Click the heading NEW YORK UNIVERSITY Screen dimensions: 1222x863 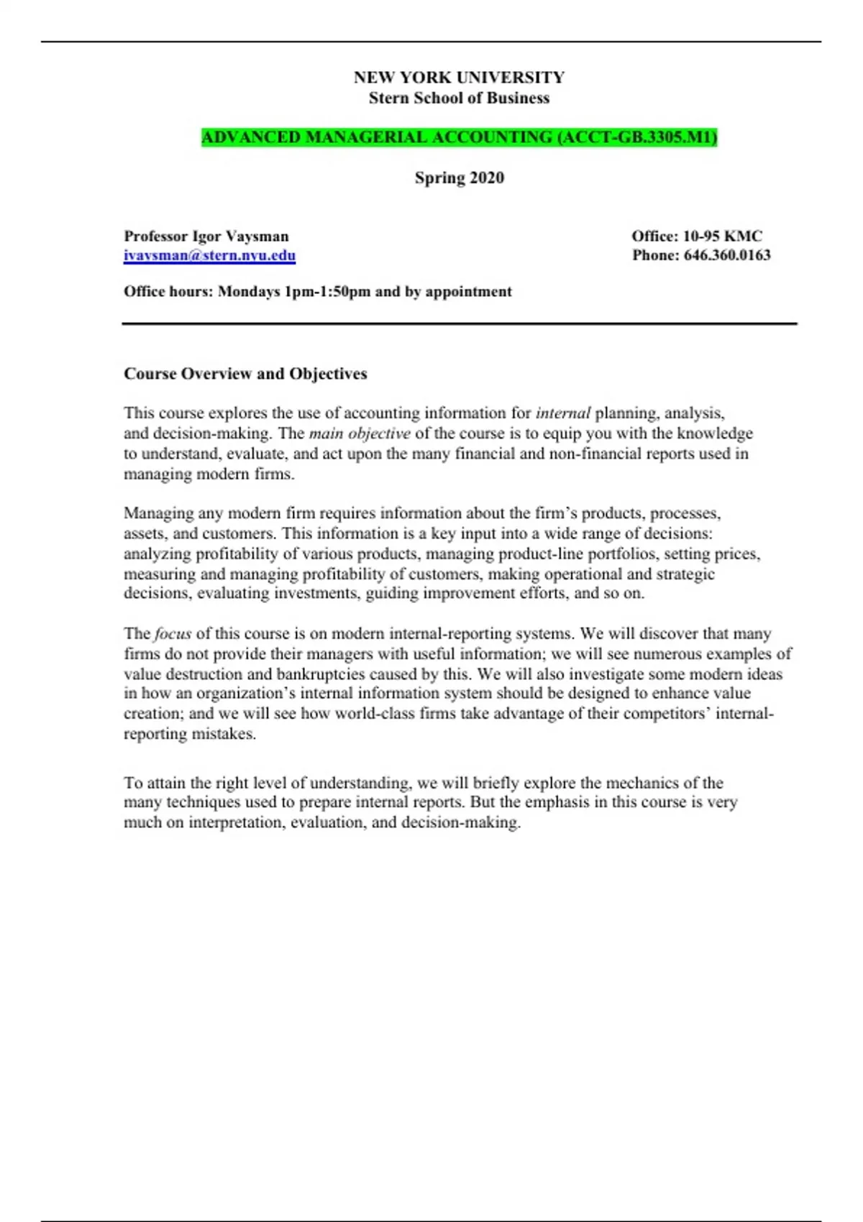459,78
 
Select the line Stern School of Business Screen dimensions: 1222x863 459,98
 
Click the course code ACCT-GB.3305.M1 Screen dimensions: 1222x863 637,137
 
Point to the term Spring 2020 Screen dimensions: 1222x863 459,178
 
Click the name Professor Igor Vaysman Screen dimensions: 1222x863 206,236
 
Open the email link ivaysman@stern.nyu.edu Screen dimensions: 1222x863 209,256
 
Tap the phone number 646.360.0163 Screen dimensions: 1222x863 727,255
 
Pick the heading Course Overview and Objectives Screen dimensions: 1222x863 245,374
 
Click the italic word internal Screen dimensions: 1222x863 563,413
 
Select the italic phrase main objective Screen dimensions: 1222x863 360,433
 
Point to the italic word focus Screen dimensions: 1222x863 173,634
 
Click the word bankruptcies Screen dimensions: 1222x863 321,674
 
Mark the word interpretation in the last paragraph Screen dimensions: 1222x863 237,823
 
